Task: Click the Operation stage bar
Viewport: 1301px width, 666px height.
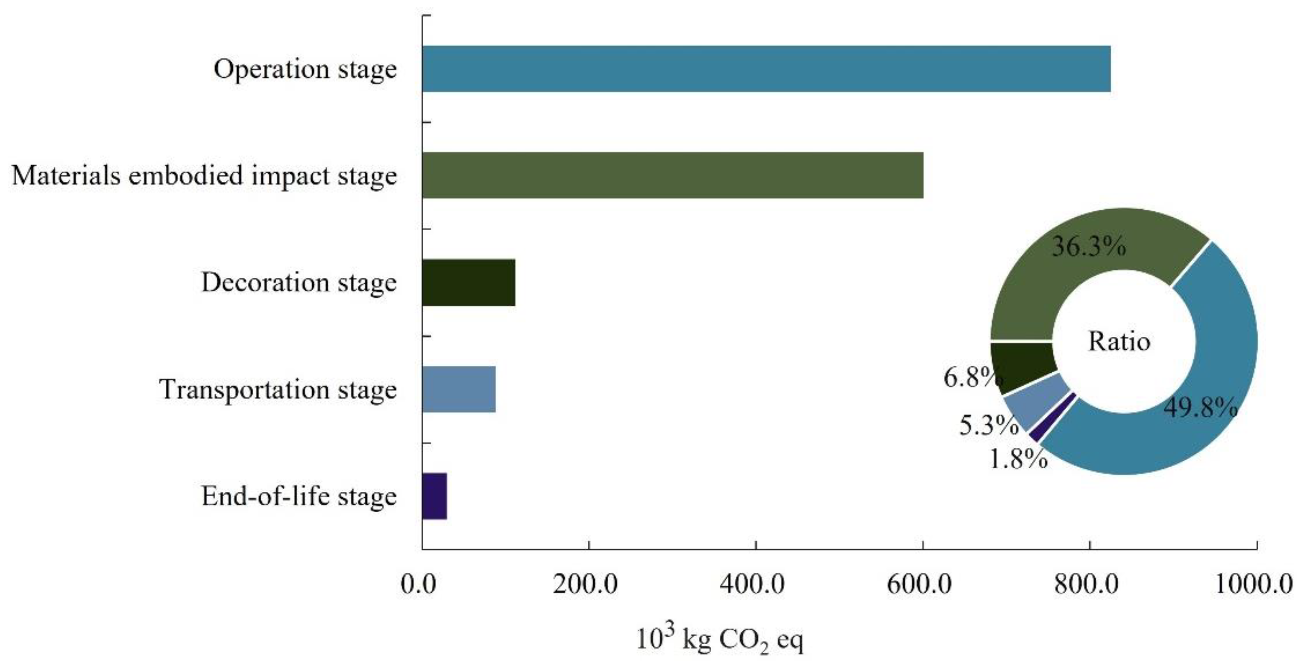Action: (x=766, y=69)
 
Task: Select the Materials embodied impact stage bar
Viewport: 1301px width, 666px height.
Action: (x=673, y=175)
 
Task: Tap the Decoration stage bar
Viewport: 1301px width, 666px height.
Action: (x=469, y=282)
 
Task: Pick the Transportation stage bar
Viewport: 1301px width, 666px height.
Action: (x=459, y=389)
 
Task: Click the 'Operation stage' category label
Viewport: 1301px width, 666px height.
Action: (x=305, y=69)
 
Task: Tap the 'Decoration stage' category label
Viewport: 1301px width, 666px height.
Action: (x=299, y=282)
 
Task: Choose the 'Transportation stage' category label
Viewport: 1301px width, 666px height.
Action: (x=278, y=389)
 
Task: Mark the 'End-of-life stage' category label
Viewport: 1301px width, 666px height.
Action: (x=299, y=497)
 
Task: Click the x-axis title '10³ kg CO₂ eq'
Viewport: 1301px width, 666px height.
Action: (x=719, y=640)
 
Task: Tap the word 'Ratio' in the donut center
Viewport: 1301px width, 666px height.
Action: (x=1119, y=342)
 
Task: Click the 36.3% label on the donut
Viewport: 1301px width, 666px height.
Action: (x=1088, y=247)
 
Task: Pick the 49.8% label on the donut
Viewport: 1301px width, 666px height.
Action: (x=1201, y=407)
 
